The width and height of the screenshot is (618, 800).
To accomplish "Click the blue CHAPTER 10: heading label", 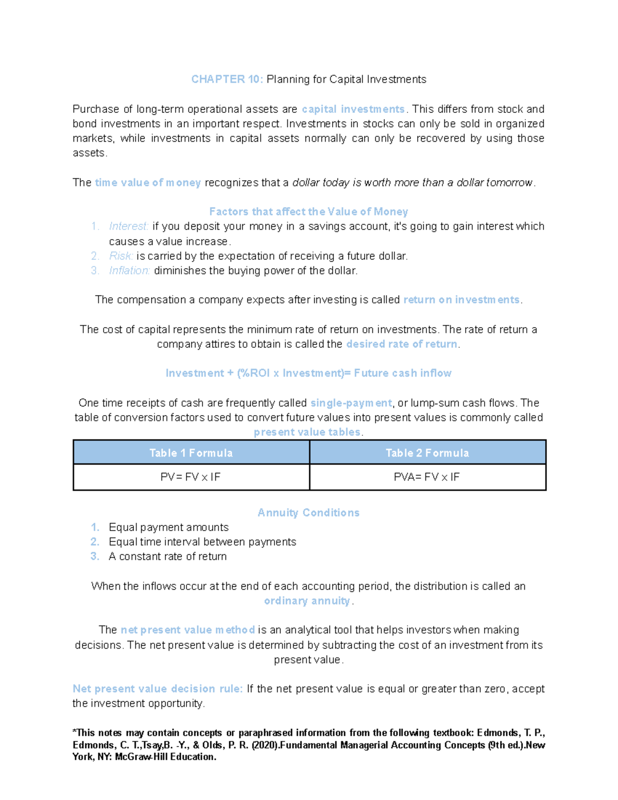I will (x=227, y=79).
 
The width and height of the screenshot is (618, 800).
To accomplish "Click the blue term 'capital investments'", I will (x=353, y=109).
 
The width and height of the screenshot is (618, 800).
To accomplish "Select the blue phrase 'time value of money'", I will (x=148, y=183).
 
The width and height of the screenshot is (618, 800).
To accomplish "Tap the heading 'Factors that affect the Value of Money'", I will (x=308, y=212).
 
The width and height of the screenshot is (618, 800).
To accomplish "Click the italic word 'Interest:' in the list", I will (x=129, y=227).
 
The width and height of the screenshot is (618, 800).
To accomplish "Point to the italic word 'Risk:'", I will (x=121, y=256).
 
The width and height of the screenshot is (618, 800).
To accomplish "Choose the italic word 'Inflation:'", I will (x=129, y=271).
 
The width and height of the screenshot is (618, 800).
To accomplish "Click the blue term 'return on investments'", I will (x=461, y=300).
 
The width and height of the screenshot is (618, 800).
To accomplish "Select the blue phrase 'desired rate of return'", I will (x=402, y=344).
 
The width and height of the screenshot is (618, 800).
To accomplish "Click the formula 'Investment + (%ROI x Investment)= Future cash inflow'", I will (x=308, y=373).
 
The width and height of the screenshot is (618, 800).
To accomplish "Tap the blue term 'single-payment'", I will (x=351, y=403).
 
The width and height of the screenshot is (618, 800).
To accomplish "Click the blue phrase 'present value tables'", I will (x=307, y=432).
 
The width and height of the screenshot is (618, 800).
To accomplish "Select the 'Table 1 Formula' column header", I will (x=191, y=453).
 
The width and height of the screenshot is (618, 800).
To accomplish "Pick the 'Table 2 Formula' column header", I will (x=427, y=453).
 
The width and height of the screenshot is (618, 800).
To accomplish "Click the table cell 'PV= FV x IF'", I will (x=191, y=477).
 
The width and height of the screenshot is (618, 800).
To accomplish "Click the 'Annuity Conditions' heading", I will (x=308, y=513).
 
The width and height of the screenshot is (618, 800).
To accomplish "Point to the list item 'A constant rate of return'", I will (x=167, y=557).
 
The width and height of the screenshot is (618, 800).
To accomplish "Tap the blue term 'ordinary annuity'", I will (x=307, y=601).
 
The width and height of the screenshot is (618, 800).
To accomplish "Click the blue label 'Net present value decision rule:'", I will (x=158, y=689).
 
